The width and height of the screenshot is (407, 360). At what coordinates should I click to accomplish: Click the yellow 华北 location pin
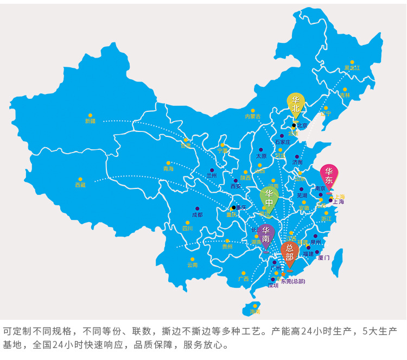click(295, 105)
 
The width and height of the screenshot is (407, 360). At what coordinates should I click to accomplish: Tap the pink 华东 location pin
click(328, 176)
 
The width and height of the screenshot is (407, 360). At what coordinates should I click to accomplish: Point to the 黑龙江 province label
click(352, 68)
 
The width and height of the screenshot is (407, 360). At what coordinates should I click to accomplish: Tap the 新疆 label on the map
click(90, 121)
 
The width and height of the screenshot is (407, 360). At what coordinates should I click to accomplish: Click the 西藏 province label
click(80, 185)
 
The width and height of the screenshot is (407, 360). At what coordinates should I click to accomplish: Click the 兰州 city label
click(211, 176)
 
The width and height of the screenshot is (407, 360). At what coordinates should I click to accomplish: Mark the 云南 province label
click(192, 265)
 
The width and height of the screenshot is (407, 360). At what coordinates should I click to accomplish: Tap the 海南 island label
click(255, 312)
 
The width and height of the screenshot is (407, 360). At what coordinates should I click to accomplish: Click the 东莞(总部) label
click(292, 281)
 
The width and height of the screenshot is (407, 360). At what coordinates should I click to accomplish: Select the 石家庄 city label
click(282, 142)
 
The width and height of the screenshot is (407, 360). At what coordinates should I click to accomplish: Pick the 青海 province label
click(168, 169)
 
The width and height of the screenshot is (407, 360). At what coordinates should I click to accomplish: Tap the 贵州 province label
click(227, 247)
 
